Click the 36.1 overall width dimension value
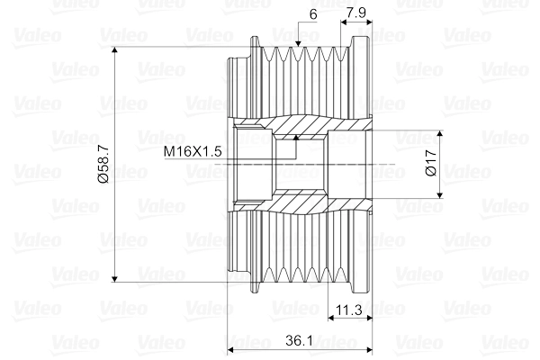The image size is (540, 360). pyautogui.click(x=299, y=341)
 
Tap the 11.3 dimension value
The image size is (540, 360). pyautogui.click(x=348, y=310)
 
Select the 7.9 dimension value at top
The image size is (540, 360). pyautogui.click(x=356, y=13)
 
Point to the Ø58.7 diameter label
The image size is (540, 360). pyautogui.click(x=103, y=164)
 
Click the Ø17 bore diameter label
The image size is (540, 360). pyautogui.click(x=431, y=163)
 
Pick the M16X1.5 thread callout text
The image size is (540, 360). pyautogui.click(x=193, y=151)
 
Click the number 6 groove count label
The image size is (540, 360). pyautogui.click(x=313, y=14)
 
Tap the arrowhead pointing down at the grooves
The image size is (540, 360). pyautogui.click(x=298, y=43)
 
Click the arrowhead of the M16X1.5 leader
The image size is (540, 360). pyautogui.click(x=295, y=138)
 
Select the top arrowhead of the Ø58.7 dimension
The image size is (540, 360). pyautogui.click(x=115, y=50)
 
